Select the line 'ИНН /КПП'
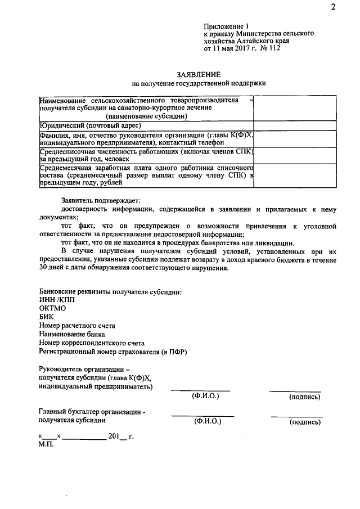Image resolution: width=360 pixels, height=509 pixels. click(57, 300)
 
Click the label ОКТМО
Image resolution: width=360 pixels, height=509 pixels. click(53, 308)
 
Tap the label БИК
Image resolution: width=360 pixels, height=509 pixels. click(47, 317)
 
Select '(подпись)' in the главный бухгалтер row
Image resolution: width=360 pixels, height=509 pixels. click(305, 421)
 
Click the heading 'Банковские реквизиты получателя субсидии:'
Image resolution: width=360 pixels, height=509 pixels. click(110, 291)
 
